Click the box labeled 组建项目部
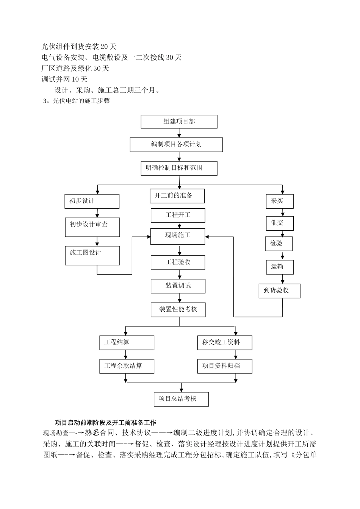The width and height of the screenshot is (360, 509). point(179,122)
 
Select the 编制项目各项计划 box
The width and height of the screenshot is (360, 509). point(176,145)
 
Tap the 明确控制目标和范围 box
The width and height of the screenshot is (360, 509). point(179,168)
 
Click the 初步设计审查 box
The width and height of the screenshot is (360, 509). point(92,227)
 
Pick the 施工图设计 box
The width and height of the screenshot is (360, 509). point(92,255)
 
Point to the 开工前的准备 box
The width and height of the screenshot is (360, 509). point(177,196)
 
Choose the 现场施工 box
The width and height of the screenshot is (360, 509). point(178,236)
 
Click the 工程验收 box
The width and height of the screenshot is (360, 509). point(178,262)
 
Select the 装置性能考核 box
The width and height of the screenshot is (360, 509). point(178,309)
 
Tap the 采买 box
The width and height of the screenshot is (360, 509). point(280,201)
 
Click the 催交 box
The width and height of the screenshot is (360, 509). point(279,223)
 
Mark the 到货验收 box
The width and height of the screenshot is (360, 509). point(279,290)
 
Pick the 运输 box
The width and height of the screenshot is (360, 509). point(279,267)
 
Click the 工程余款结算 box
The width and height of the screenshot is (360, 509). point(127,366)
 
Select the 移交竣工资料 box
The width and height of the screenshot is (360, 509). point(225,342)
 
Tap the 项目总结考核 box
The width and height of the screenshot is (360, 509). point(181,399)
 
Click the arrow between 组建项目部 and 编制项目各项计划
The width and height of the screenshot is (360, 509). point(179,133)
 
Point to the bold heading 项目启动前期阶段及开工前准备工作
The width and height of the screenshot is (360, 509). point(105,422)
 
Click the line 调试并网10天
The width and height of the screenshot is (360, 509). point(64,79)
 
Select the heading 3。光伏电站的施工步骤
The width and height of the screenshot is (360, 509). point(77,101)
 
